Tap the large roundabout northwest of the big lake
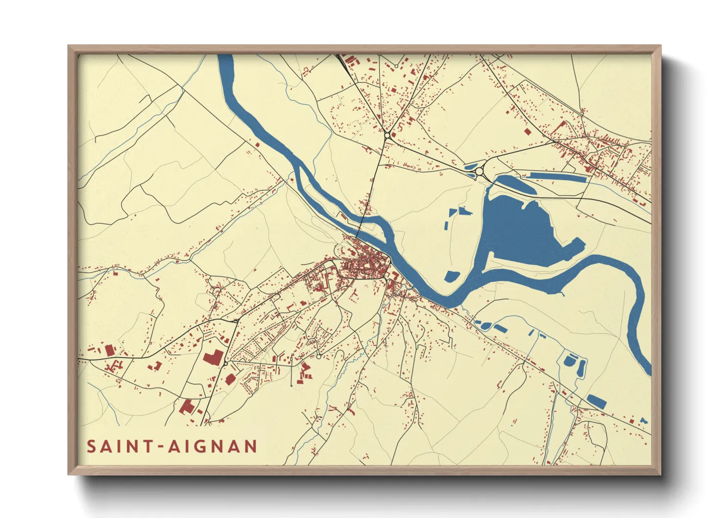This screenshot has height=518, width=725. [479, 171]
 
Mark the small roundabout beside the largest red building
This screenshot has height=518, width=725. [225, 363]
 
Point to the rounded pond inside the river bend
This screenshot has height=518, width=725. [452, 276]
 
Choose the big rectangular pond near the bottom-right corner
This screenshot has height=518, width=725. [597, 401]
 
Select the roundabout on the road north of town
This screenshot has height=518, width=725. [387, 134]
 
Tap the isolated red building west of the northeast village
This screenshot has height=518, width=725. [527, 131]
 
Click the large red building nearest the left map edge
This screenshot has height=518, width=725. [109, 350]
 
